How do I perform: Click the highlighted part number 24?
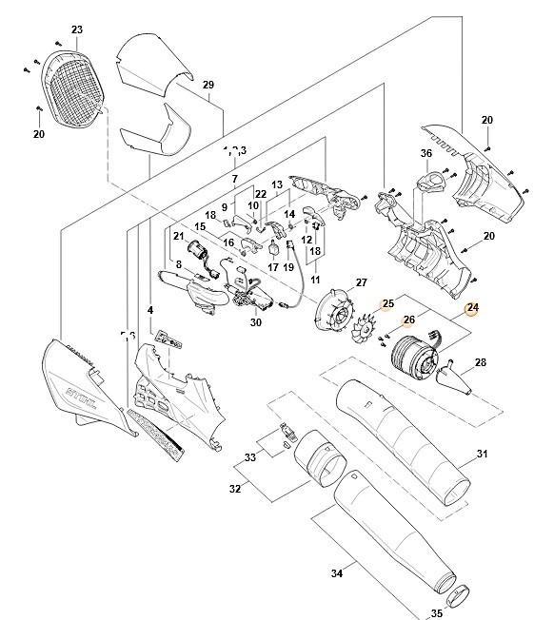pyautogui.click(x=472, y=307)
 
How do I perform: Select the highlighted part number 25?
pyautogui.click(x=387, y=304)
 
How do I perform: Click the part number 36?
pyautogui.click(x=426, y=154)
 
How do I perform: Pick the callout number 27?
pyautogui.click(x=361, y=282)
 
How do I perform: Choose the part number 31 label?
pyautogui.click(x=482, y=454)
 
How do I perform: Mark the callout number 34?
pyautogui.click(x=335, y=572)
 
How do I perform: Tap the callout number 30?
pyautogui.click(x=255, y=322)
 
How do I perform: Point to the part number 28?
pyautogui.click(x=480, y=362)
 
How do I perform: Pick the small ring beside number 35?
pyautogui.click(x=459, y=595)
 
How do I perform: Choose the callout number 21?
pyautogui.click(x=178, y=236)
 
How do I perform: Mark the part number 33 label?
pyautogui.click(x=249, y=457)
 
